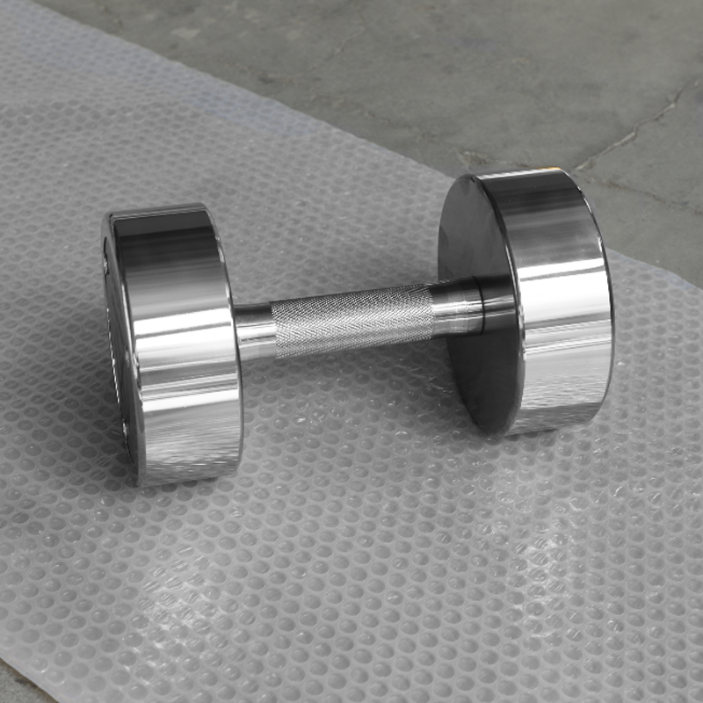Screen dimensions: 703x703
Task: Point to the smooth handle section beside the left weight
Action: [253, 332]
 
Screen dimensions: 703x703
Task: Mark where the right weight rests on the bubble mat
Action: [536, 431]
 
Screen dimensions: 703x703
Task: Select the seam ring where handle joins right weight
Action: [482, 303]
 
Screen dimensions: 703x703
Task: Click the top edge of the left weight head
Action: [158, 211]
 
